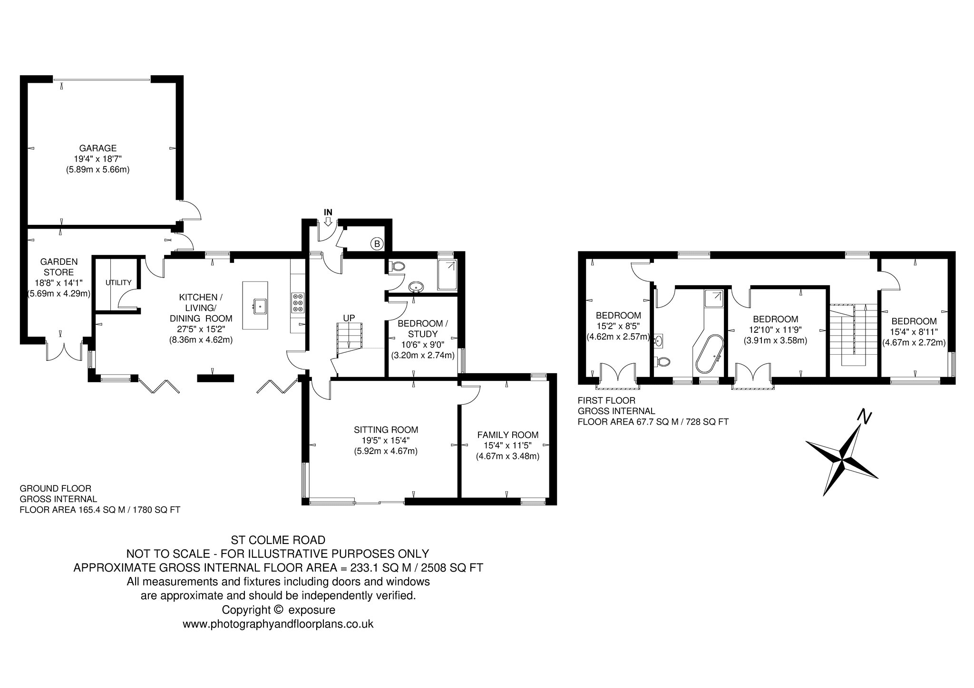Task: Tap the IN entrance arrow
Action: coord(328,222)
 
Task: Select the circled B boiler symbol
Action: coord(377,244)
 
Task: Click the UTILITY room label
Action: coord(118,282)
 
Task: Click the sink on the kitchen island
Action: coord(260,307)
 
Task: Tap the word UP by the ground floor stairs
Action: coord(349,318)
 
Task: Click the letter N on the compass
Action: coord(864,417)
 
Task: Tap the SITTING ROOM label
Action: coord(386,430)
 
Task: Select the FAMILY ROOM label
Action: coord(508,435)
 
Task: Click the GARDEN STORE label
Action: coord(59,267)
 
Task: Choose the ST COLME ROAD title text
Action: coord(278,540)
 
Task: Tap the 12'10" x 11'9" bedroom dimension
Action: coord(775,330)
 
